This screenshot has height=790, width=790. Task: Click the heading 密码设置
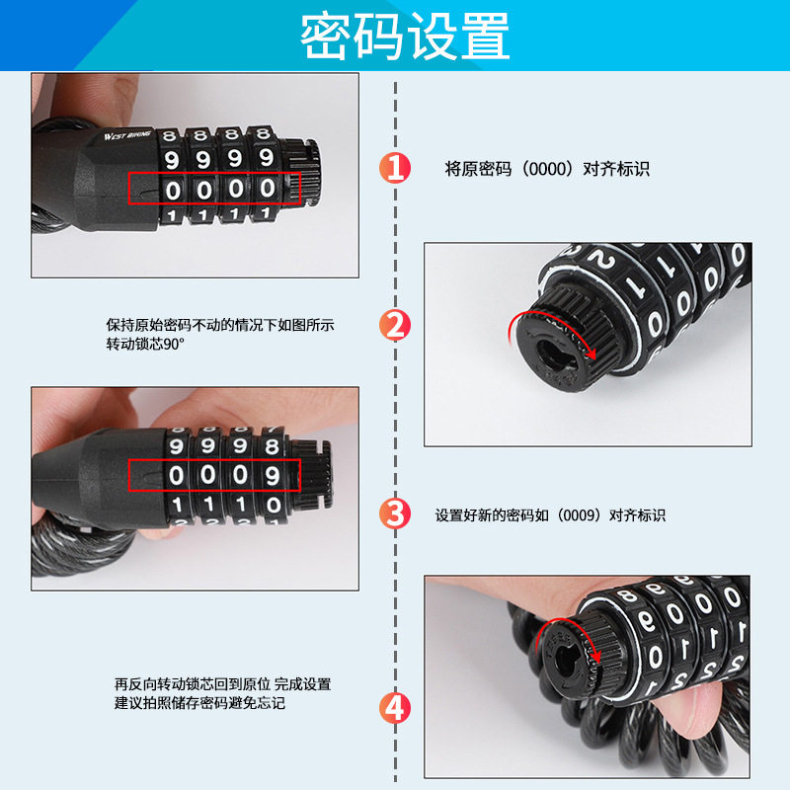pyautogui.click(x=405, y=37)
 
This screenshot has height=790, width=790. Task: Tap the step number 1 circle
pyautogui.click(x=395, y=167)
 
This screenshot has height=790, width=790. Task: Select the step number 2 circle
pyautogui.click(x=395, y=325)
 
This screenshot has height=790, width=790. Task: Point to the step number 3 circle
pyautogui.click(x=395, y=513)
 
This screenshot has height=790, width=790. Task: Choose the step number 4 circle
pyautogui.click(x=395, y=708)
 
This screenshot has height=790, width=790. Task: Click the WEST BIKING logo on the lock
pyautogui.click(x=127, y=135)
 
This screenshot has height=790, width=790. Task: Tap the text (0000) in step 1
pyautogui.click(x=547, y=169)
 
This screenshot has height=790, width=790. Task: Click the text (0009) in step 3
pyautogui.click(x=579, y=515)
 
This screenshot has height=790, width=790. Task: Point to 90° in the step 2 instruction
pyautogui.click(x=173, y=344)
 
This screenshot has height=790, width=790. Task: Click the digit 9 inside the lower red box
pyautogui.click(x=273, y=475)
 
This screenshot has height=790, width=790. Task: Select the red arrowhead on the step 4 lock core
pyautogui.click(x=597, y=657)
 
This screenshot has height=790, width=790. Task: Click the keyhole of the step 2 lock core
pyautogui.click(x=554, y=353)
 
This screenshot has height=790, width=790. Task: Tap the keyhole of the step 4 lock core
pyautogui.click(x=568, y=661)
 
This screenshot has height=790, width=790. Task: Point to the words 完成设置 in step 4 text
pyautogui.click(x=302, y=684)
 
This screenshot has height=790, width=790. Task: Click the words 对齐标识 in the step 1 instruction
pyautogui.click(x=615, y=169)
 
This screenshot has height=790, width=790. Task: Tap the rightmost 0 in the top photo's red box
pyautogui.click(x=267, y=189)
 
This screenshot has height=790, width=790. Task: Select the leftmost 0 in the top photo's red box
pyautogui.click(x=173, y=191)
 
